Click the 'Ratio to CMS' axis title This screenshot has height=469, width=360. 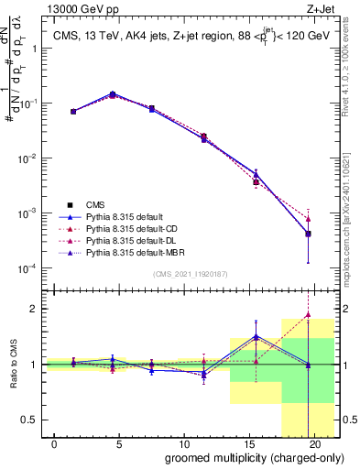click(13, 364)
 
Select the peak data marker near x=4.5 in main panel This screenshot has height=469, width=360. click(113, 94)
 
